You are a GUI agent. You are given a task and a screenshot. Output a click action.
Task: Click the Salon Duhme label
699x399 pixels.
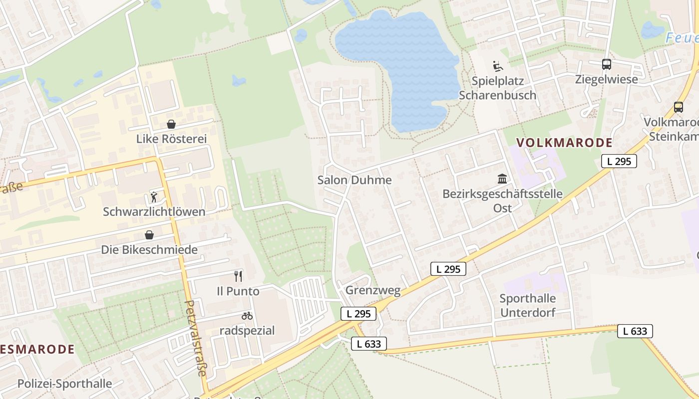354,180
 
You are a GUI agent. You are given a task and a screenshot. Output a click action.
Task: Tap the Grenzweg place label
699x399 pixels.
373,291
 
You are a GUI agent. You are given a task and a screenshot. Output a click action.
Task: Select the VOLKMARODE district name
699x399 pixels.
564,143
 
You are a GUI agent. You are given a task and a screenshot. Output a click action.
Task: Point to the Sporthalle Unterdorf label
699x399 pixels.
528,305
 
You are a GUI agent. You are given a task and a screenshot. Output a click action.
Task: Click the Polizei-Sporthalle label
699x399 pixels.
65,384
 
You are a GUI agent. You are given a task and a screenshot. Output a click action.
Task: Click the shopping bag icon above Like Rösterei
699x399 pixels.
171,124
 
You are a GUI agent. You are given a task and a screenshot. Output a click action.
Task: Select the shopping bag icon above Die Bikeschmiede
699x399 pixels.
149,235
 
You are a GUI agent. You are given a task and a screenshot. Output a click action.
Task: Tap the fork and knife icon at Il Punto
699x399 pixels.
238,276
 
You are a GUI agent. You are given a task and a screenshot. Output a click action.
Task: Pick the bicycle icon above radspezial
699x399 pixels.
247,316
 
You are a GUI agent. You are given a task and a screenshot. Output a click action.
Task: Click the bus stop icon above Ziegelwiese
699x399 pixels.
606,64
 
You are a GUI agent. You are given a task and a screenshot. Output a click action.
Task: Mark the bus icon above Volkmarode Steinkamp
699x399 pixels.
678,107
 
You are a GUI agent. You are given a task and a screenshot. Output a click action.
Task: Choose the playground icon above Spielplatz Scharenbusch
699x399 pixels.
497,66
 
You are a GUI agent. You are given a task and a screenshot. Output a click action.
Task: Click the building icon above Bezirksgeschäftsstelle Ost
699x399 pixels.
502,179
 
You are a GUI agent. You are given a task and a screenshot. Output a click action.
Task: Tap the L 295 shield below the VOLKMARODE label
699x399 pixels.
619,161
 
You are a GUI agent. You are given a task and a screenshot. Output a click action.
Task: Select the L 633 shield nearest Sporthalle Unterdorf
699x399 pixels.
635,331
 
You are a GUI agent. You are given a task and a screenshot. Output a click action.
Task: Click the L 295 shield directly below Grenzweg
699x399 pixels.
358,314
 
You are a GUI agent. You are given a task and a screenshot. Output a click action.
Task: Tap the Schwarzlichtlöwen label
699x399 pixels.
154,211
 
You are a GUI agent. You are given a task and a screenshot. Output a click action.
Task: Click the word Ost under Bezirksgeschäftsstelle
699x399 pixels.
502,208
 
